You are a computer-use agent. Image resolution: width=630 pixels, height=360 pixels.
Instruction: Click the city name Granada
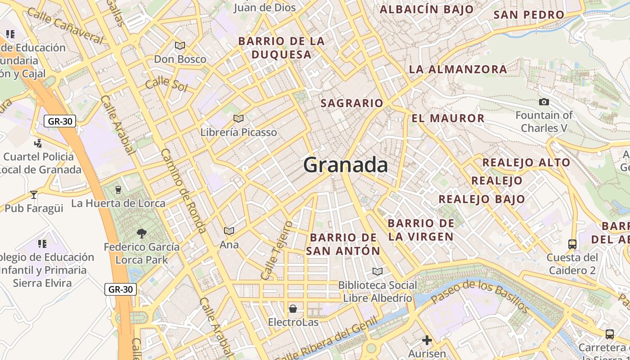click(346, 165)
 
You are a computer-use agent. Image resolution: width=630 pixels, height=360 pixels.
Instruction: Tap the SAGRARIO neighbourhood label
click(351, 103)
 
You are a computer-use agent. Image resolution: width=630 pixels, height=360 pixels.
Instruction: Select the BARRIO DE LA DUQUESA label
click(281, 48)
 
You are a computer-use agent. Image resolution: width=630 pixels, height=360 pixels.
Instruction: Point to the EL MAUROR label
click(448, 118)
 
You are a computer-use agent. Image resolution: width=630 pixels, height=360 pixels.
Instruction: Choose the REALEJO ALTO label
click(526, 162)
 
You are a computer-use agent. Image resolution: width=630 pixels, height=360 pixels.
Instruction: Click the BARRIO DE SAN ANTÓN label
click(343, 244)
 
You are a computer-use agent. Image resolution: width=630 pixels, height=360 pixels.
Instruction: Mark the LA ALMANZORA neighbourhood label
click(458, 69)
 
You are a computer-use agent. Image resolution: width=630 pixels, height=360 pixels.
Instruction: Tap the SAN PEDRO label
click(528, 14)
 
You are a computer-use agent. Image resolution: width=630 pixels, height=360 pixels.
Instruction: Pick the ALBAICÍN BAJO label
click(427, 9)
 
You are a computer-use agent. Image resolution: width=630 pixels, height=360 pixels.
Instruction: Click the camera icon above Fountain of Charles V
click(544, 102)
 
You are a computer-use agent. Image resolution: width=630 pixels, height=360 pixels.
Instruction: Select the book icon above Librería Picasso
click(238, 118)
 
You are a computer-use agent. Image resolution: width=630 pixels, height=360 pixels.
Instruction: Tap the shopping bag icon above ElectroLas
click(293, 309)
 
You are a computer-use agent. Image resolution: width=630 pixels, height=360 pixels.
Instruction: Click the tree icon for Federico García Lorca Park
click(142, 233)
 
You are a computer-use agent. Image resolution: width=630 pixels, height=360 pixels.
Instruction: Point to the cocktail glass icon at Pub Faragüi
click(33, 194)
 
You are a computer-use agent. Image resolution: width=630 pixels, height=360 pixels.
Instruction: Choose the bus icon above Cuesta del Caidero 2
click(572, 244)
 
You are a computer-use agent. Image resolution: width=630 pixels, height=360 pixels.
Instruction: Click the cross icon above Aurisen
click(427, 340)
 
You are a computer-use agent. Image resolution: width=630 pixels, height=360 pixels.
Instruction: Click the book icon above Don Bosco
click(180, 45)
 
